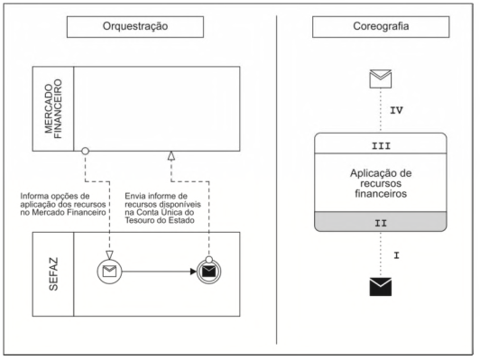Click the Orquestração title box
tap(135, 27)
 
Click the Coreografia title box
tap(381, 27)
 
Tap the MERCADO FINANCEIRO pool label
tap(53, 108)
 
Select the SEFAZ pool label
tap(53, 274)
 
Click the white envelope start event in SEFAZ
tap(109, 272)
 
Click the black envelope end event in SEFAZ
tap(208, 272)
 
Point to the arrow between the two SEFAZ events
tap(159, 272)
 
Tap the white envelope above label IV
tap(381, 78)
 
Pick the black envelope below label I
tap(381, 287)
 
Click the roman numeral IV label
tap(396, 110)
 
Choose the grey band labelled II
tap(381, 222)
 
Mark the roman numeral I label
tap(396, 255)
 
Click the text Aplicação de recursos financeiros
tap(381, 183)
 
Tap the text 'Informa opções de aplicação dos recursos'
tap(63, 200)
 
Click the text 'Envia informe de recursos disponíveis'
tap(162, 200)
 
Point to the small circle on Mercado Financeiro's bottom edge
tap(85, 151)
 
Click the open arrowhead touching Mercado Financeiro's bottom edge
tap(171, 156)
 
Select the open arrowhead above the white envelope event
tap(109, 254)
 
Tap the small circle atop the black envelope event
tap(208, 260)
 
